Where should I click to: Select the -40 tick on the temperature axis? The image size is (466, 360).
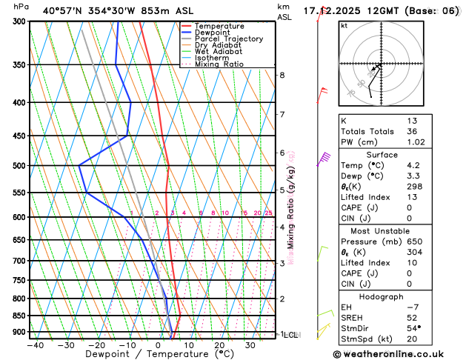click(34, 345)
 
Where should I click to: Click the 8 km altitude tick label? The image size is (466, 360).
click(282, 76)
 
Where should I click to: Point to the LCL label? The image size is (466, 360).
click(291, 335)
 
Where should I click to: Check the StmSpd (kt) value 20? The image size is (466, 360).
click(412, 339)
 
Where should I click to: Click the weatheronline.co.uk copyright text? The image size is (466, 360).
click(399, 354)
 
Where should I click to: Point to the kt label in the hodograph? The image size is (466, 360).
click(344, 26)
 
